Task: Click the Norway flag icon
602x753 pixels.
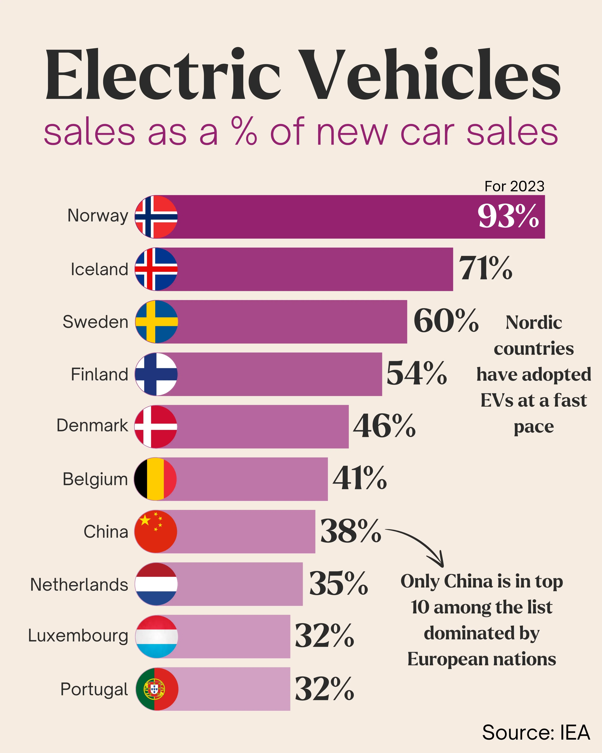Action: (x=156, y=217)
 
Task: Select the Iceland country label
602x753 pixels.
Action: (x=99, y=269)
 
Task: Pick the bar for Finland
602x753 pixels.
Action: (x=279, y=374)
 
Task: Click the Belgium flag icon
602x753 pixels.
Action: (x=156, y=479)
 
